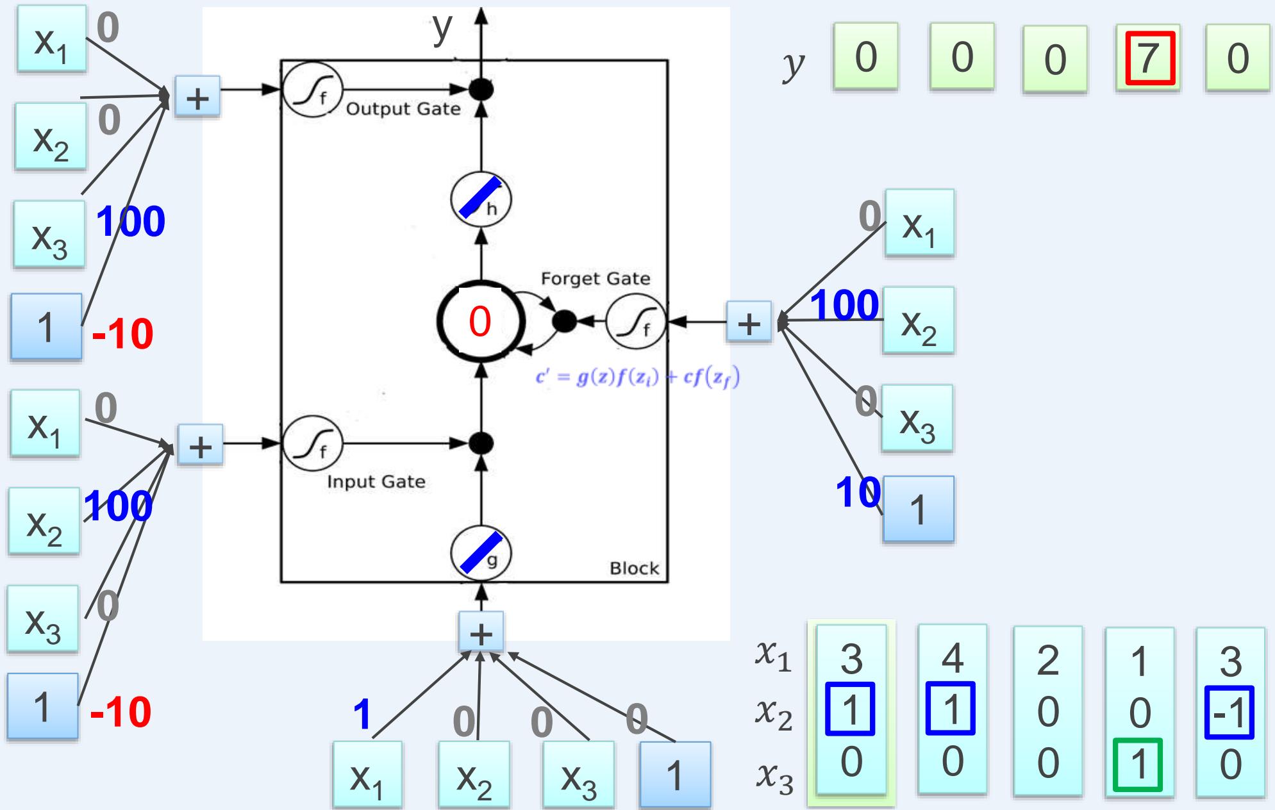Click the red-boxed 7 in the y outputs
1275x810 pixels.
(1147, 58)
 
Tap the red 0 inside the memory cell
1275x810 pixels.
(480, 321)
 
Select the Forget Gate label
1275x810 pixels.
(595, 279)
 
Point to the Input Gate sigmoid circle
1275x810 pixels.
(313, 443)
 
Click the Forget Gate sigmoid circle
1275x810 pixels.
(636, 322)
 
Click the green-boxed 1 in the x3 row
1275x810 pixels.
(1138, 765)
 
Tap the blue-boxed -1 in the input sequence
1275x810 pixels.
(1229, 712)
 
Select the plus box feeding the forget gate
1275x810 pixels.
(749, 322)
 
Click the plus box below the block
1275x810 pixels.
(481, 632)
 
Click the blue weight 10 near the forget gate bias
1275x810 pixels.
(857, 493)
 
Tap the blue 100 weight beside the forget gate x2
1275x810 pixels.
(844, 305)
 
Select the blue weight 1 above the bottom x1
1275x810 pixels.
(362, 715)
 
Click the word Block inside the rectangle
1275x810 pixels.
(634, 568)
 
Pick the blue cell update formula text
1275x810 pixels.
(637, 378)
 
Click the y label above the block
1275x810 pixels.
(442, 27)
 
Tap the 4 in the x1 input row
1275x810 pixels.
(952, 658)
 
